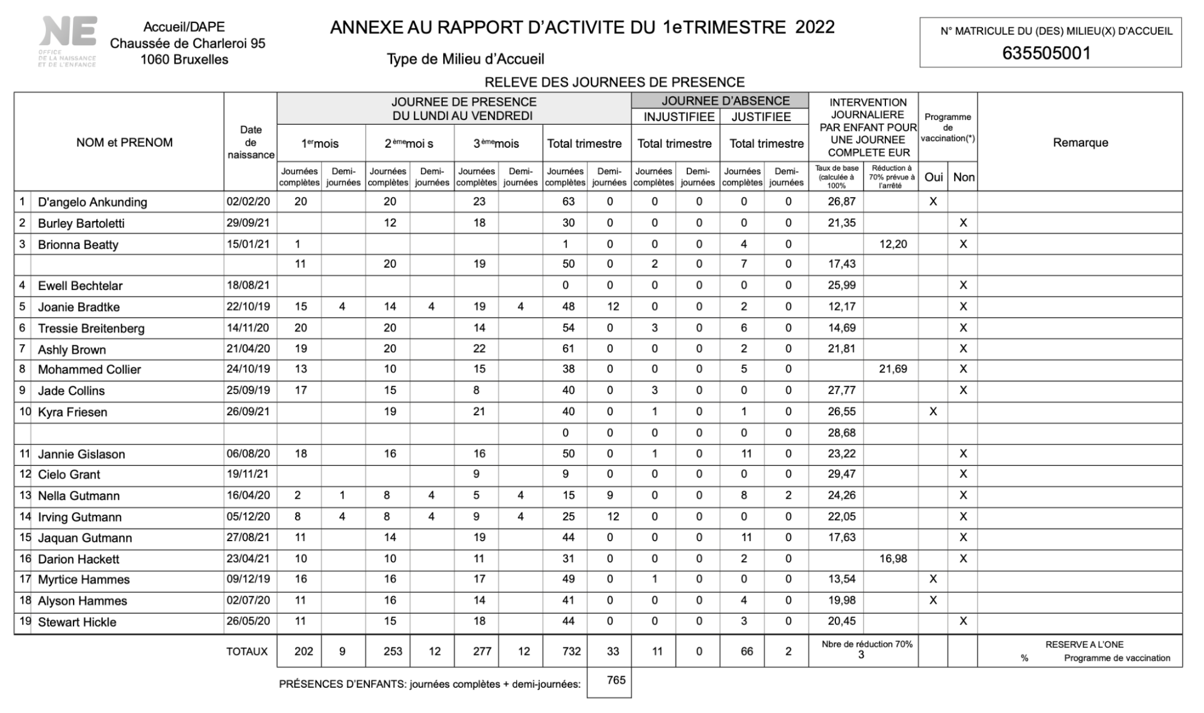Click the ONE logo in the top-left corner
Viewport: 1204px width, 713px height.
(67, 40)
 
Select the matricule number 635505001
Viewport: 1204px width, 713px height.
(1046, 54)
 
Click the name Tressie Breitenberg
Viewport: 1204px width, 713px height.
(91, 328)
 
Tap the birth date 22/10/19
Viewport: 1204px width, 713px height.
(248, 307)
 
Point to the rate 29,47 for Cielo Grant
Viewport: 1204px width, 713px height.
(841, 474)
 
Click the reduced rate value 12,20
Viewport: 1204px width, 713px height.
(893, 244)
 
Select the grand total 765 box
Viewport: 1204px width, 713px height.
(616, 680)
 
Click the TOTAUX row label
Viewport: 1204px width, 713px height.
(247, 652)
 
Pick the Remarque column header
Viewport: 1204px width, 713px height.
(1080, 143)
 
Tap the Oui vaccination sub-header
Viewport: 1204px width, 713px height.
(933, 177)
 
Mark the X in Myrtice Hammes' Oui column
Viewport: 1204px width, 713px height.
(933, 579)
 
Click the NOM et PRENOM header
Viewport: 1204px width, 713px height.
(124, 143)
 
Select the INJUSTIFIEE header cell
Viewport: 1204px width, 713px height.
(678, 117)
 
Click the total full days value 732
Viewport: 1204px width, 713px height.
(570, 652)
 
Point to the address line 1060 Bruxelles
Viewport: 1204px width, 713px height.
(184, 60)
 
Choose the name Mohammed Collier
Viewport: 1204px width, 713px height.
(89, 369)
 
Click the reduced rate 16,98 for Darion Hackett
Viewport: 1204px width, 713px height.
(893, 559)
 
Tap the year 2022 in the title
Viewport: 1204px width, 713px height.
(815, 28)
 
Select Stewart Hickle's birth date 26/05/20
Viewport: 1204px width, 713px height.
(248, 621)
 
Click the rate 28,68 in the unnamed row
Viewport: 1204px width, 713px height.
(841, 433)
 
